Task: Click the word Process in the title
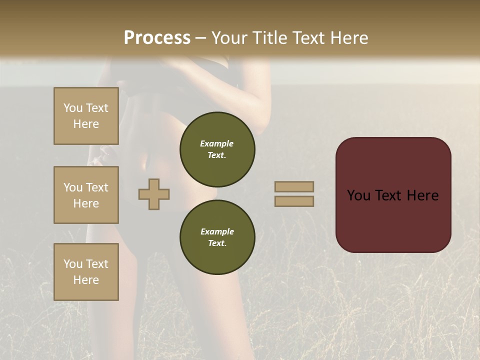pyautogui.click(x=157, y=38)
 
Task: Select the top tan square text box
pyautogui.click(x=86, y=116)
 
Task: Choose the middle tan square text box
pyautogui.click(x=86, y=195)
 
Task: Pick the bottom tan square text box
pyautogui.click(x=86, y=272)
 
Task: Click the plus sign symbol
pyautogui.click(x=154, y=194)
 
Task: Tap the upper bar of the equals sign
pyautogui.click(x=294, y=186)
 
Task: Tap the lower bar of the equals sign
pyautogui.click(x=294, y=201)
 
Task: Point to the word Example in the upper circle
pyautogui.click(x=217, y=143)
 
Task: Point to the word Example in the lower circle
pyautogui.click(x=217, y=231)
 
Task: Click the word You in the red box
pyautogui.click(x=358, y=195)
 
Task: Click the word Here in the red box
pyautogui.click(x=422, y=195)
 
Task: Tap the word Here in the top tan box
pyautogui.click(x=86, y=124)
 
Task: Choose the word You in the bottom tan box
pyautogui.click(x=73, y=264)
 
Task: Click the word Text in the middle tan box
pyautogui.click(x=96, y=187)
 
